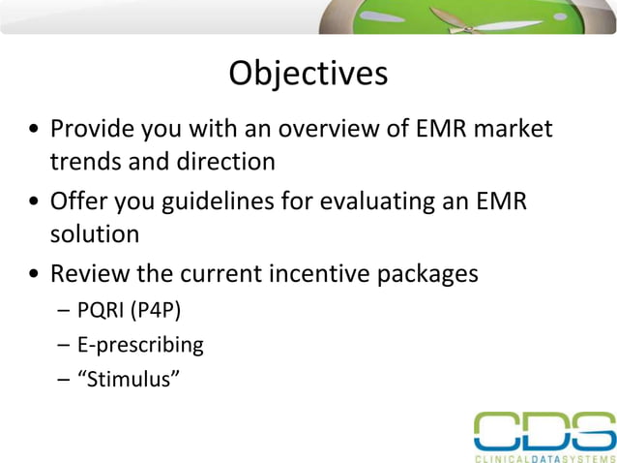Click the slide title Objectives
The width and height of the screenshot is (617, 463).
pyautogui.click(x=308, y=73)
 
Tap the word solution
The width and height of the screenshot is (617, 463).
pyautogui.click(x=95, y=234)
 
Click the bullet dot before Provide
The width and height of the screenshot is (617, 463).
pyautogui.click(x=35, y=130)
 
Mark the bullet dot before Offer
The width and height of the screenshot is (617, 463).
pyautogui.click(x=35, y=202)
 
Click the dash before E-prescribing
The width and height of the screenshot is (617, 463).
pyautogui.click(x=64, y=345)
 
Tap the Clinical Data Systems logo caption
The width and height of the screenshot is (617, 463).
pyautogui.click(x=544, y=455)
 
